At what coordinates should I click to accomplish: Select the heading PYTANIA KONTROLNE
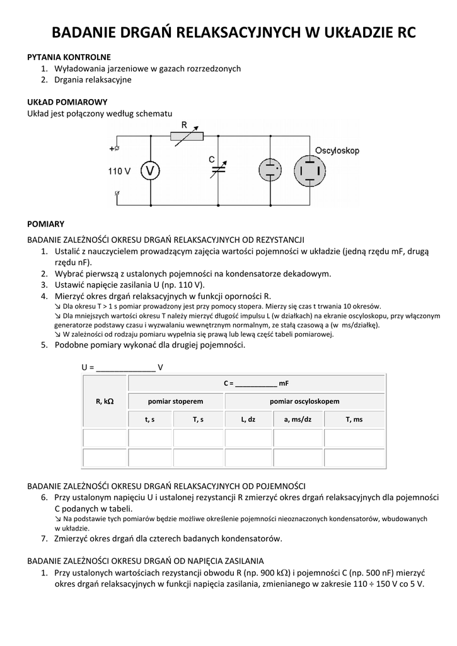tap(69, 57)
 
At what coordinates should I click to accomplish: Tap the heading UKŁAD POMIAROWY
tap(67, 102)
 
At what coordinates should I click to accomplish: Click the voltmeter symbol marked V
tap(150, 170)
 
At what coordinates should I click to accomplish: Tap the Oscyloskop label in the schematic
tap(337, 151)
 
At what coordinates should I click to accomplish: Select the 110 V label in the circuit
tap(119, 171)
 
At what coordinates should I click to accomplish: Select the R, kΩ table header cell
tap(105, 401)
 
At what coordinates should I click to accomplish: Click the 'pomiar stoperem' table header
tap(176, 401)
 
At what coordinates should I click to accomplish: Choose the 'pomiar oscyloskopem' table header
tap(304, 401)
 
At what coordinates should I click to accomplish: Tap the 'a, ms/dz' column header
tap(298, 420)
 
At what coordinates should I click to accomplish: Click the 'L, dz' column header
tap(248, 420)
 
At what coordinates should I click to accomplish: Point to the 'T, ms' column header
tap(354, 420)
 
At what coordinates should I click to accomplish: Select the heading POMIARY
tap(45, 224)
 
